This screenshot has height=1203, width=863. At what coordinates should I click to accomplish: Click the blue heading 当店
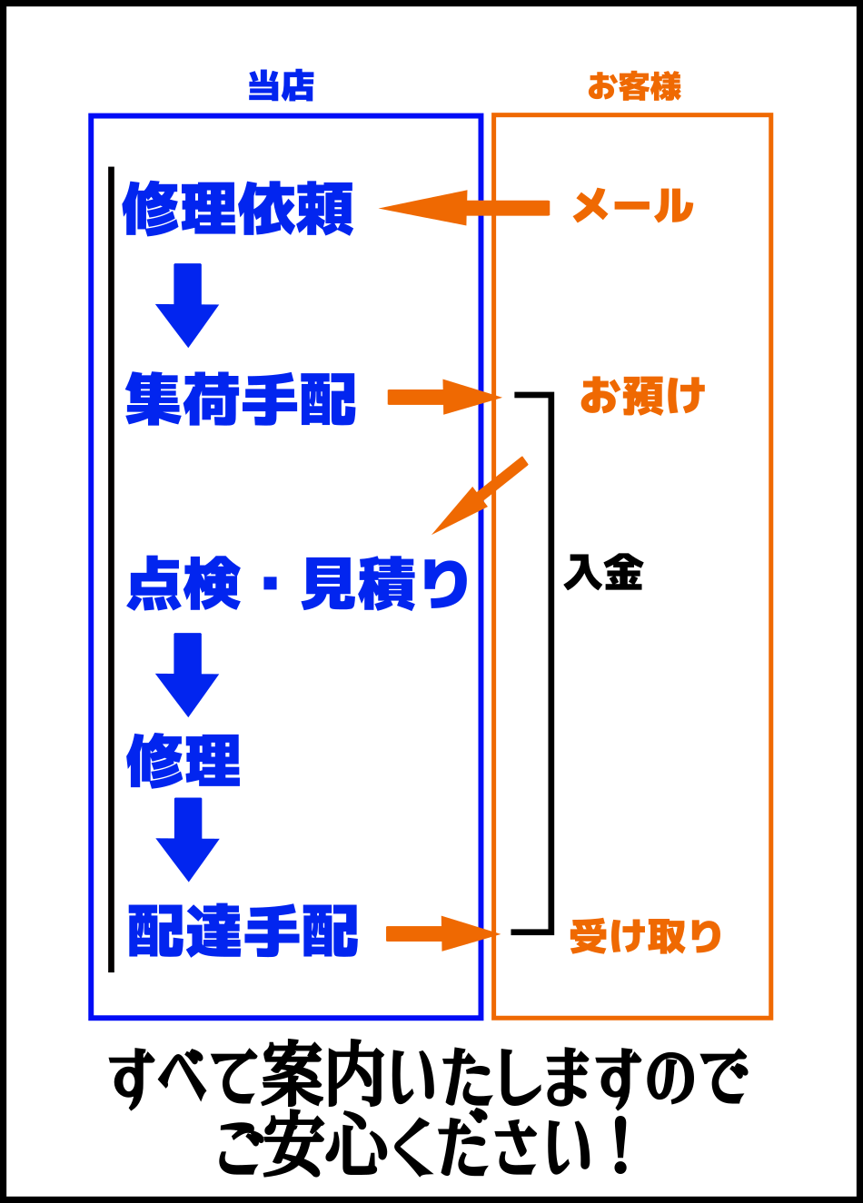point(281,86)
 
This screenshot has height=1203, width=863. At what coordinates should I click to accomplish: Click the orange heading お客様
point(634,86)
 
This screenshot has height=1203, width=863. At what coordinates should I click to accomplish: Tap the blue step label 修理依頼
point(238,209)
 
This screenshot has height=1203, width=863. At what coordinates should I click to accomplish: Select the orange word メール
point(633,207)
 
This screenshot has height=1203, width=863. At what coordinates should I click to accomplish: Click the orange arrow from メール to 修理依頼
point(464,208)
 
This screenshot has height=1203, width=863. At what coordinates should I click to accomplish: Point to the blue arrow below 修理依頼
point(187,305)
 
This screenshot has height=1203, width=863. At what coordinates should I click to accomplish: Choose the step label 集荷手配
point(241,399)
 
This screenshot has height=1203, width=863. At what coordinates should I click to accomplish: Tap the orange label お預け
point(642,397)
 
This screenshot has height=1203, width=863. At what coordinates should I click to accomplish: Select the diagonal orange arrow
point(480,496)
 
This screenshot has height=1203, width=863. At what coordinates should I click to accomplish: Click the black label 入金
point(603,573)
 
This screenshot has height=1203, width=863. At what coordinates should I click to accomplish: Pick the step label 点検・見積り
point(298,584)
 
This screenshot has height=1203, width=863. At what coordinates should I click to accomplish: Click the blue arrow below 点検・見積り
point(187,675)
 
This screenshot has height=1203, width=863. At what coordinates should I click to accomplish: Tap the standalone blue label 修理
point(184,761)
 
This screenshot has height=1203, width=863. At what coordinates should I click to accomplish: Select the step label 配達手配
point(243,932)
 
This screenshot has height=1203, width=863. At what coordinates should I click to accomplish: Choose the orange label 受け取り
point(645,936)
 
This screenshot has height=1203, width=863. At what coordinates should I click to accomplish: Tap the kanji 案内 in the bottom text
point(335,1079)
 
